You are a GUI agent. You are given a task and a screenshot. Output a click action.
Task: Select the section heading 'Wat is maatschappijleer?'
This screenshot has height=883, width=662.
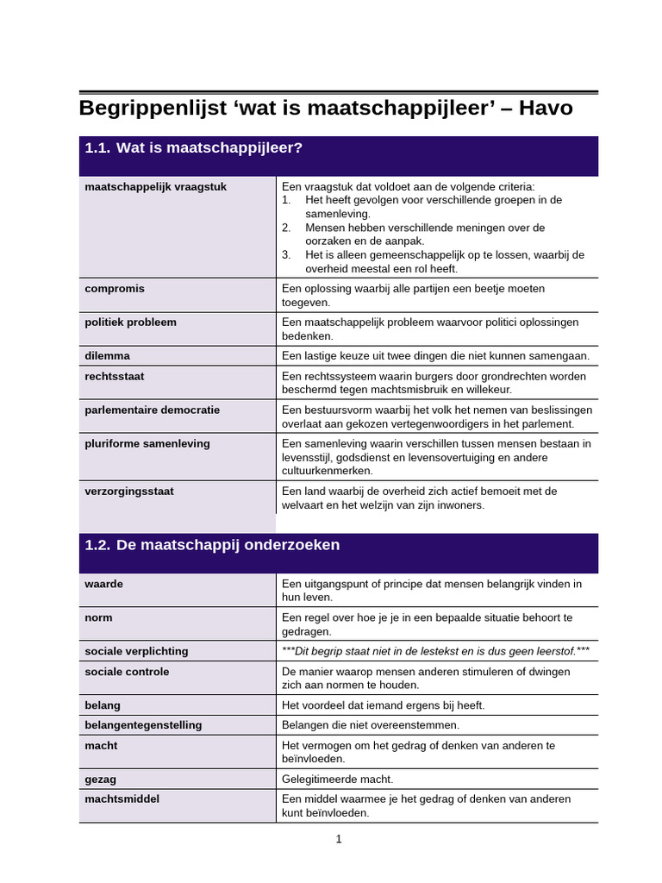(x=209, y=148)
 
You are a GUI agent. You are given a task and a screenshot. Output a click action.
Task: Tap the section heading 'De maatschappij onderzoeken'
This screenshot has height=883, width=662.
(x=228, y=545)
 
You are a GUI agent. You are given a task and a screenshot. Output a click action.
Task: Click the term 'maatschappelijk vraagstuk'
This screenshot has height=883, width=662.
(x=156, y=186)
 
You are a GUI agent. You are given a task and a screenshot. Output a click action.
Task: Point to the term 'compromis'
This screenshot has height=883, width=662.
(x=115, y=289)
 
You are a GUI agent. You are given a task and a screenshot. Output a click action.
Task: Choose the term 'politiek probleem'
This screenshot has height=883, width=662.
(x=130, y=323)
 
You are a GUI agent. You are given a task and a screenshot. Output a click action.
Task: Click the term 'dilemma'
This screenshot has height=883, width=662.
(x=107, y=355)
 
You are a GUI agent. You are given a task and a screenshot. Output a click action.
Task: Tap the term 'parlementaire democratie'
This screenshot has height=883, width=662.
(x=153, y=410)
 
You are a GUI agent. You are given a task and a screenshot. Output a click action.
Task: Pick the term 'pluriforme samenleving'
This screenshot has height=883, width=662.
(x=147, y=444)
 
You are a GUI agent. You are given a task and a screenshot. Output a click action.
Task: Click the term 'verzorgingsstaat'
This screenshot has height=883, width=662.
(x=129, y=492)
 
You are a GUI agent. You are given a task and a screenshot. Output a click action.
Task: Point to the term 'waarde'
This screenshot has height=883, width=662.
(x=103, y=584)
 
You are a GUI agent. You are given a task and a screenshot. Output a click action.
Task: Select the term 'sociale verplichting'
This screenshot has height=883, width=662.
(x=136, y=651)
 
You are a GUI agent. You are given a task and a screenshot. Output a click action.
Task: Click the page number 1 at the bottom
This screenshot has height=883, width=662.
(x=339, y=839)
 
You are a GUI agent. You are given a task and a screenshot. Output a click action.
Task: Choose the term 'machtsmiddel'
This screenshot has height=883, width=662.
(x=122, y=799)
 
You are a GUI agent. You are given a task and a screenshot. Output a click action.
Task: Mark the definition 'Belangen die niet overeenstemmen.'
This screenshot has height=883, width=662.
(x=371, y=725)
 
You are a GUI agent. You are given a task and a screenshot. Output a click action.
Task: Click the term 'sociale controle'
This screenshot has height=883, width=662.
(x=127, y=672)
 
